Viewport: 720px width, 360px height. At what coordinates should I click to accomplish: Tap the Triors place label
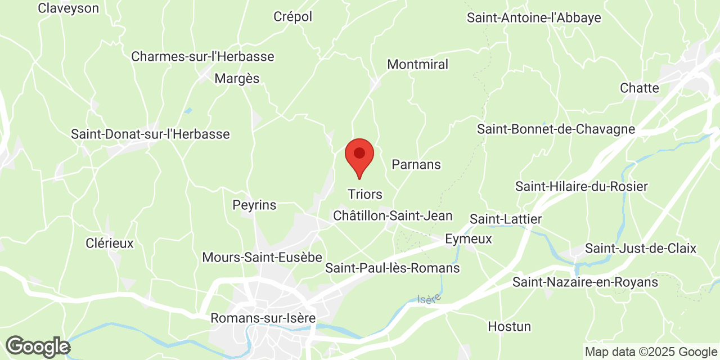(x=364, y=195)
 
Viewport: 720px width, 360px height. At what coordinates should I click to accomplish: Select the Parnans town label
(x=416, y=165)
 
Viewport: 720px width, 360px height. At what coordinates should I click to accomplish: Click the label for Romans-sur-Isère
(x=263, y=318)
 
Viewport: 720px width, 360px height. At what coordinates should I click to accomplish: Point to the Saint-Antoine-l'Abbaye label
(x=534, y=18)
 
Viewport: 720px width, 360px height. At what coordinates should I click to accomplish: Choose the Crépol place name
(x=292, y=17)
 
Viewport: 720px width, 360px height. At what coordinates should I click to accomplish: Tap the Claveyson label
(x=68, y=8)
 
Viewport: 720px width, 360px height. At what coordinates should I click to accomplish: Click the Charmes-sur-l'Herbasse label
(x=202, y=57)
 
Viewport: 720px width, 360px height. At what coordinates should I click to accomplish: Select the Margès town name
(x=237, y=79)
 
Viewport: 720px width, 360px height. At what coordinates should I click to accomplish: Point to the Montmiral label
(x=418, y=65)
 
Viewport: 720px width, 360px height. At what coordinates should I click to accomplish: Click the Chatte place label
(x=639, y=88)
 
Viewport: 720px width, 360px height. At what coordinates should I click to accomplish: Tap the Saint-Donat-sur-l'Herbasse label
(x=150, y=134)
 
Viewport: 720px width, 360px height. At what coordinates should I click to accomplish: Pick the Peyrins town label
(x=254, y=205)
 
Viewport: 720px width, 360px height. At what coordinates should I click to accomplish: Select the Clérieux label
(x=110, y=244)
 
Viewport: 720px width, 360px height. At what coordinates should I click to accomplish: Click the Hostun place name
(x=509, y=327)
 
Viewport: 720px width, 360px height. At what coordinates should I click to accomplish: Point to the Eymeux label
(x=468, y=239)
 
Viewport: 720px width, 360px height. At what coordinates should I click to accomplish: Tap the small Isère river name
(x=429, y=299)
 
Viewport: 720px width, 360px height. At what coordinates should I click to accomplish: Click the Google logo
(x=37, y=346)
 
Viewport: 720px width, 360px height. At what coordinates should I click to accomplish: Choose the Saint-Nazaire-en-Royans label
(x=585, y=282)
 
